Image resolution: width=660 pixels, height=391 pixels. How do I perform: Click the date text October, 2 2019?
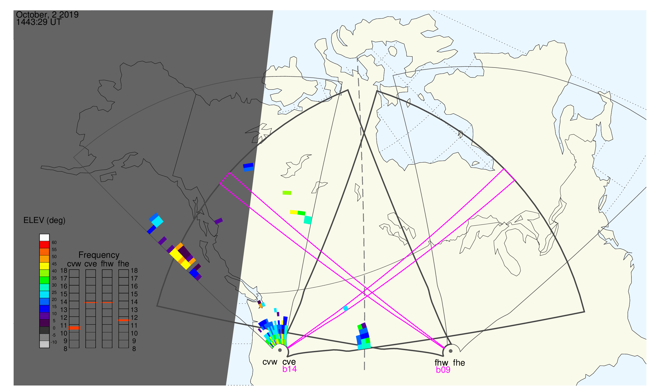coord(47,14)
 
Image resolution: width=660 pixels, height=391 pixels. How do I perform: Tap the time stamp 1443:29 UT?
coord(39,22)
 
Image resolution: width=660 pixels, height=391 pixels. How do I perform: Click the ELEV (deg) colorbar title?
coord(44,220)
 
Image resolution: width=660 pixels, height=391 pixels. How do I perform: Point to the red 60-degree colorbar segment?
coord(44,245)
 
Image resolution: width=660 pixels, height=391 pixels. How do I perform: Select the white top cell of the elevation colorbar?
coord(44,238)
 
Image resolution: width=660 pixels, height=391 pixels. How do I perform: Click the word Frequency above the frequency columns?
coord(99,255)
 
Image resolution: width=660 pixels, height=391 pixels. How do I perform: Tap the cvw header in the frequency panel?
coord(74,264)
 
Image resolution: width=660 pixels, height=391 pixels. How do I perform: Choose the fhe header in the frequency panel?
coord(123,264)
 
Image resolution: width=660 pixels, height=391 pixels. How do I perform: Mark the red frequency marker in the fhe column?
coord(124,320)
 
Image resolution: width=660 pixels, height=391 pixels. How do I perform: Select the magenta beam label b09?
coord(443,370)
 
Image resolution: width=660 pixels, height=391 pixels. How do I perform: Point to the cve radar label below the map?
coord(289,362)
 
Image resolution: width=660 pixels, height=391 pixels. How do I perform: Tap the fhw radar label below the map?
coord(441,363)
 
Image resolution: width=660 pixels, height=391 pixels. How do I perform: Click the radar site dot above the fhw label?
coord(451,351)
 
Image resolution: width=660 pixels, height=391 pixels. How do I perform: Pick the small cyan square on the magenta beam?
coord(346,308)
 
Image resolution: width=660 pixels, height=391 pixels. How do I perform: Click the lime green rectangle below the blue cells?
coord(287,193)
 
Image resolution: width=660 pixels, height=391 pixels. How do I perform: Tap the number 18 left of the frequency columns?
coord(64,271)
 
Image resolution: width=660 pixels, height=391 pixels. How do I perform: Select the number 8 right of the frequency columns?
coord(134,349)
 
